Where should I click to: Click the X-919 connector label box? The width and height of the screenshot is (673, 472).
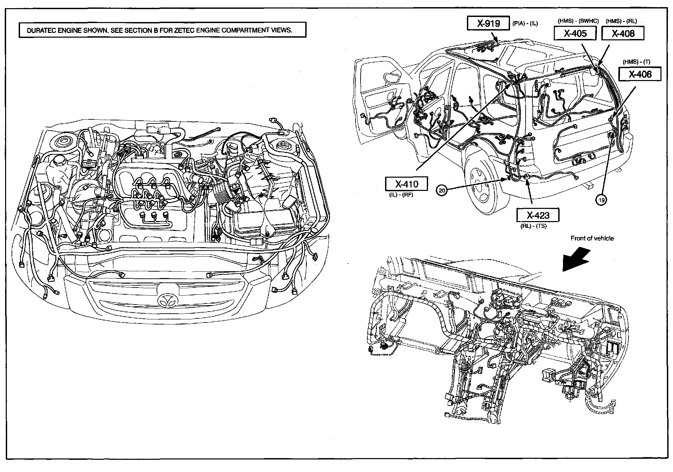pos(488,23)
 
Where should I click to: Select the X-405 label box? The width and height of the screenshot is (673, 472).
pos(575,33)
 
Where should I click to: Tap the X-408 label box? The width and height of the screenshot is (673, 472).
pos(623,33)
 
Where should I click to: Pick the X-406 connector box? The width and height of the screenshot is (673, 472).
pos(640,74)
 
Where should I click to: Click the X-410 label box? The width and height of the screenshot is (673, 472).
pos(406,184)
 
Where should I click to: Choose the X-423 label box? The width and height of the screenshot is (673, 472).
pos(538,215)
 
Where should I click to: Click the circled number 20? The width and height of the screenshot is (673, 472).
pos(441,191)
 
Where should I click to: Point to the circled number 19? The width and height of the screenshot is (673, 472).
pos(601,200)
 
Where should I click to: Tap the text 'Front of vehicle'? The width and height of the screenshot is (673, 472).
pos(592,238)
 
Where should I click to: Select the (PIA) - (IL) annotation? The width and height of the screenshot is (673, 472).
pos(525,24)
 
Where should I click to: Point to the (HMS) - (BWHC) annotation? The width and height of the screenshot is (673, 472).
pos(578,21)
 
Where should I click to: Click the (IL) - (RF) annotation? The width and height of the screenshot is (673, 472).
pos(401,195)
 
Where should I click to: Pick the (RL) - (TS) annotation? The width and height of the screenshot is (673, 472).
pos(533,226)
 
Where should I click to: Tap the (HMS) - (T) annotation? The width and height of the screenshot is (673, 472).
pos(636,62)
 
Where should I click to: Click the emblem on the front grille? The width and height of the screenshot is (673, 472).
pos(166,299)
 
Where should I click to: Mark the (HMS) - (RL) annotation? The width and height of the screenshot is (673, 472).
pos(621,21)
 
